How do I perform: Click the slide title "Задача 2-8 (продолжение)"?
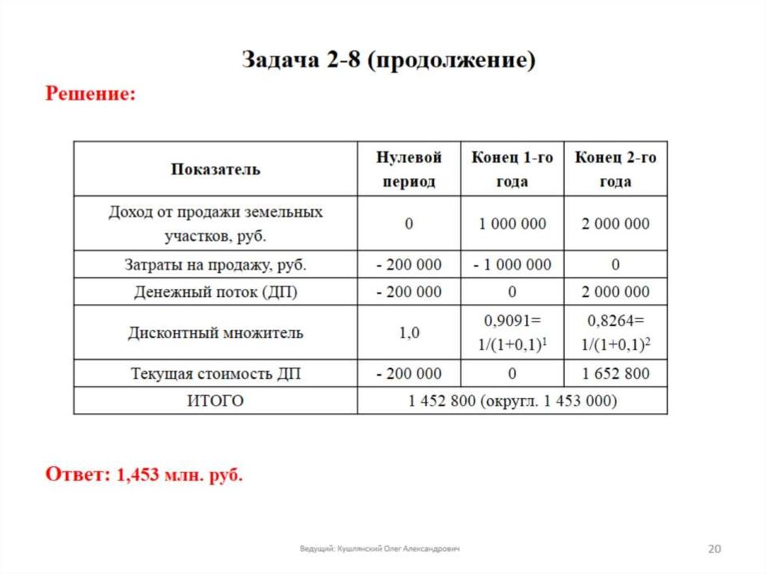click(388, 61)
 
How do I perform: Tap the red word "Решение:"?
click(91, 95)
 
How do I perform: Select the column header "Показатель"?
click(215, 169)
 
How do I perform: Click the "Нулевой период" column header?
click(408, 169)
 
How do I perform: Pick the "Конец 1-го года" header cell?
click(512, 169)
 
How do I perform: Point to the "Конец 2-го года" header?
click(615, 169)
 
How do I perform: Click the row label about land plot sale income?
click(215, 224)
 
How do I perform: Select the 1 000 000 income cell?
click(512, 224)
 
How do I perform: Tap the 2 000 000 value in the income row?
click(615, 224)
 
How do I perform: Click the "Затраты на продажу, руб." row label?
click(215, 264)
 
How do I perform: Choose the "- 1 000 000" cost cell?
click(512, 264)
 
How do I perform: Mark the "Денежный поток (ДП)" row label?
click(215, 292)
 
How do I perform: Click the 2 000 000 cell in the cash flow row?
click(615, 292)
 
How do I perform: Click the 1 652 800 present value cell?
click(615, 373)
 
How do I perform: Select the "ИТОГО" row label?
click(215, 401)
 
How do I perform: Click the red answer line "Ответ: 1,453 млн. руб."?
click(144, 474)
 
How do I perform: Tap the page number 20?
click(714, 549)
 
